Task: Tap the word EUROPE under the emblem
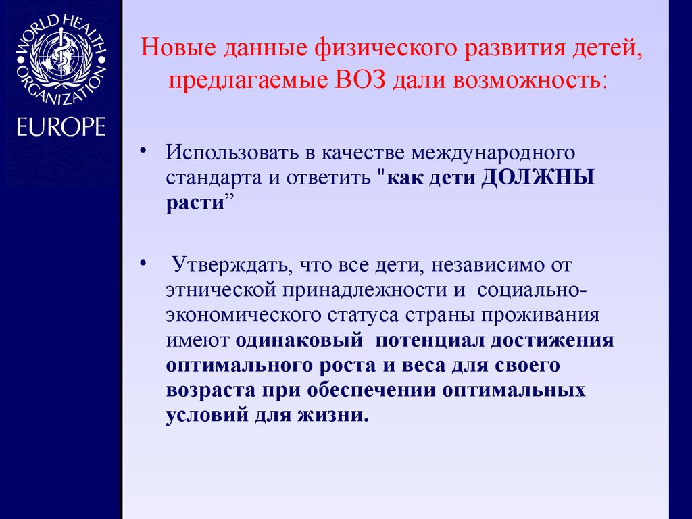tap(61, 127)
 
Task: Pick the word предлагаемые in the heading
tap(247, 81)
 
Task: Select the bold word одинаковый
tap(295, 340)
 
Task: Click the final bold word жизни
tap(337, 415)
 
